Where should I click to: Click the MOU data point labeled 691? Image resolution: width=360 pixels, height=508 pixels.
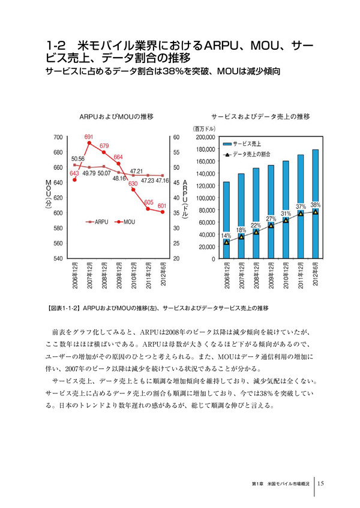[89, 143]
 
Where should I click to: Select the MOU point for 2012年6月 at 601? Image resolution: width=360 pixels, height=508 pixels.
[162, 212]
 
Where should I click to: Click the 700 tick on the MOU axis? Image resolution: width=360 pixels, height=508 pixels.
[58, 137]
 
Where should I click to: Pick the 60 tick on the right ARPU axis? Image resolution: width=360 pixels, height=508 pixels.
[176, 137]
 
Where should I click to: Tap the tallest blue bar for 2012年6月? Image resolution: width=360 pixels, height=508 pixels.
[315, 204]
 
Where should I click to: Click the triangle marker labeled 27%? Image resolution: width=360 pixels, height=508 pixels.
[271, 226]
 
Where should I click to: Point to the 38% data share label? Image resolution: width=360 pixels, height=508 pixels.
[315, 205]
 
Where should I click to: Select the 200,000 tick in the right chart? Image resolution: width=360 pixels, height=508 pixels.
[206, 137]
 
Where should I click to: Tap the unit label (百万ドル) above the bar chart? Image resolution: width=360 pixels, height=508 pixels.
[203, 128]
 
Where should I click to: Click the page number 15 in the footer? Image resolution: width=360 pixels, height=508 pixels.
[321, 483]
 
